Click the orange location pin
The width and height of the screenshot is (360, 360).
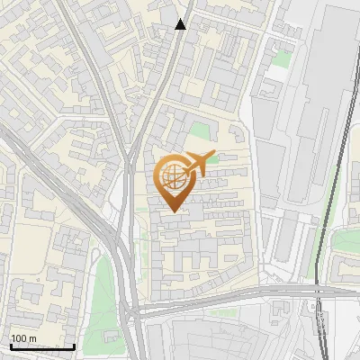(x=173, y=180)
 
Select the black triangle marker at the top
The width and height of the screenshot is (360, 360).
(x=181, y=24)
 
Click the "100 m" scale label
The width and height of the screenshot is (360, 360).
(x=24, y=338)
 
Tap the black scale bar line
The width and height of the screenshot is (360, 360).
(x=42, y=346)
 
